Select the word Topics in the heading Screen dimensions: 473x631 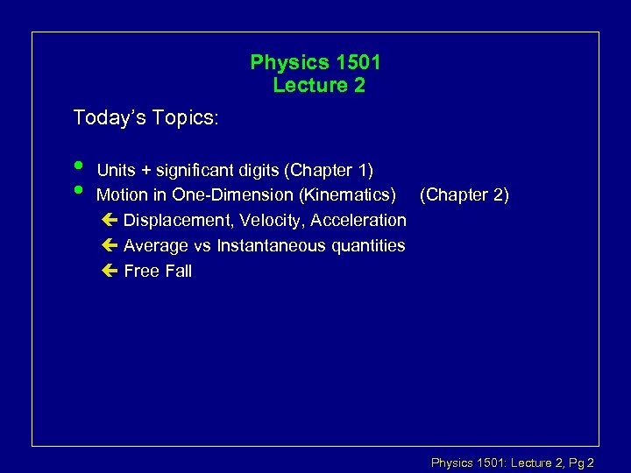(x=183, y=117)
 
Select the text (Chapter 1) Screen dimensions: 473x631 (x=330, y=169)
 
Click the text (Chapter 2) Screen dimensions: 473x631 (x=464, y=194)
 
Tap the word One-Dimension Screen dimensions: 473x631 (x=227, y=194)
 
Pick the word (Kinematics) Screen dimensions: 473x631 (x=344, y=194)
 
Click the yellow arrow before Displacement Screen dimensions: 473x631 (x=108, y=220)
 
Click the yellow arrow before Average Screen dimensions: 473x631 (x=108, y=245)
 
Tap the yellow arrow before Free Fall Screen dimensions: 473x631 (x=108, y=271)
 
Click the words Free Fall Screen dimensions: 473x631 (x=158, y=271)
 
